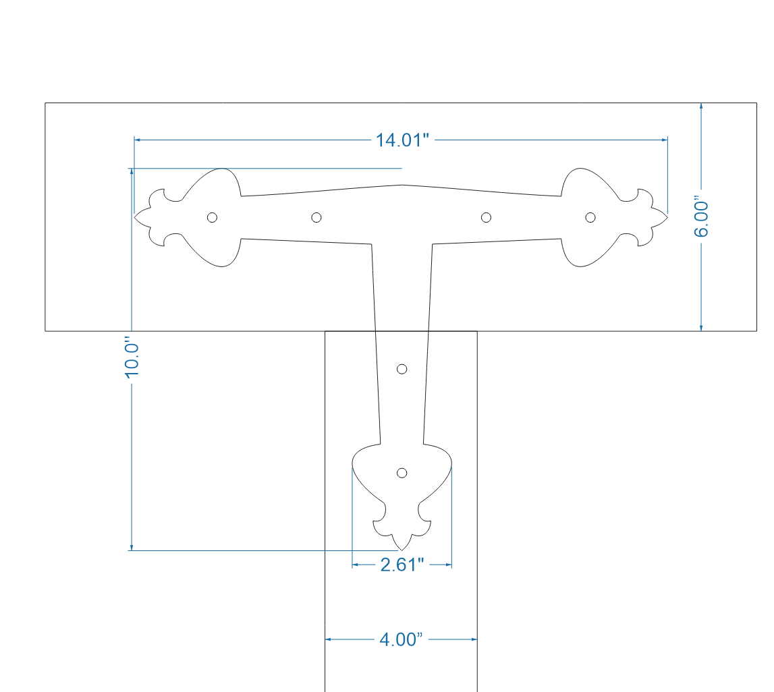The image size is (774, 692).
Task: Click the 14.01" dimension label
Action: (402, 140)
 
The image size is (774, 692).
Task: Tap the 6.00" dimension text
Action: (702, 218)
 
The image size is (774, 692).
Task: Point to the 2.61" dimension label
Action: (402, 565)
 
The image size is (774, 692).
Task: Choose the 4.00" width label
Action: (401, 639)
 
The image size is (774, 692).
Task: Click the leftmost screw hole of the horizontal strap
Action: (212, 217)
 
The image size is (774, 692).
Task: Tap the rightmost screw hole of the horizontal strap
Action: (590, 217)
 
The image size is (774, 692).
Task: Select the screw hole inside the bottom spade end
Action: (402, 472)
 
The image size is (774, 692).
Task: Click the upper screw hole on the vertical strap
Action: (402, 368)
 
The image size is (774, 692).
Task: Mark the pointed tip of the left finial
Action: (135, 217)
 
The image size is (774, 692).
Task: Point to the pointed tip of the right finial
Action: (667, 217)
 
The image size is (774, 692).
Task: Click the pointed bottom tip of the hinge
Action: (402, 550)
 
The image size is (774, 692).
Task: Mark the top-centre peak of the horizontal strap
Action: (402, 183)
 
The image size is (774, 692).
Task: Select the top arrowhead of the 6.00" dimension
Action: (702, 107)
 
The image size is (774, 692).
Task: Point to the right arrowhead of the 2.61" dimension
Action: (448, 565)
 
